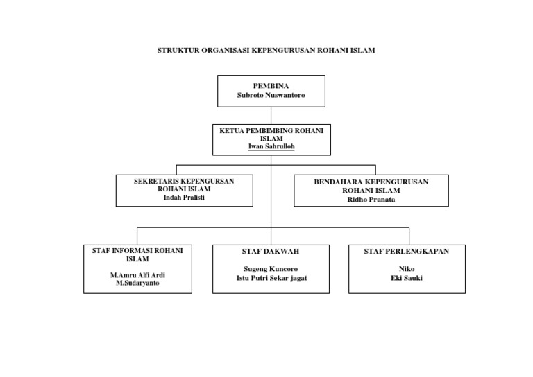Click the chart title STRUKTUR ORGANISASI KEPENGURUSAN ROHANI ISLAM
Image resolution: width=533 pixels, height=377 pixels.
pyautogui.click(x=266, y=51)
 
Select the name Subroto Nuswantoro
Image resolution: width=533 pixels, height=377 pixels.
pyautogui.click(x=271, y=95)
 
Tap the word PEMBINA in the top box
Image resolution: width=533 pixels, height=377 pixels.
pyautogui.click(x=271, y=85)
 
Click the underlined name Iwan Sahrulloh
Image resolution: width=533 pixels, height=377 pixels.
pyautogui.click(x=271, y=146)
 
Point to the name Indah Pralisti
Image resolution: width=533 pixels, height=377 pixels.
pyautogui.click(x=184, y=197)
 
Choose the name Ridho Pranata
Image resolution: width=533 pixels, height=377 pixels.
pyautogui.click(x=371, y=199)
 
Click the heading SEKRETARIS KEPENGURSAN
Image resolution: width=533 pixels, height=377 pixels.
pyautogui.click(x=184, y=181)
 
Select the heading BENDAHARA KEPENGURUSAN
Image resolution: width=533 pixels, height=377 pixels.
pyautogui.click(x=371, y=182)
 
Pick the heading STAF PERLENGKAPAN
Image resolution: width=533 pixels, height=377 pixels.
pyautogui.click(x=407, y=251)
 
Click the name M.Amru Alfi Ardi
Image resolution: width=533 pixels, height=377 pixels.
pyautogui.click(x=137, y=274)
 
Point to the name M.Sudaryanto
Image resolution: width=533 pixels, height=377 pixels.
pyautogui.click(x=137, y=283)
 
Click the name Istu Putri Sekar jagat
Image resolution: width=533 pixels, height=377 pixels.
pyautogui.click(x=271, y=277)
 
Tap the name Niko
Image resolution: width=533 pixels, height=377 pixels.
pyautogui.click(x=407, y=268)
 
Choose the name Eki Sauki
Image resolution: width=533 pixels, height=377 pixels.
pyautogui.click(x=407, y=277)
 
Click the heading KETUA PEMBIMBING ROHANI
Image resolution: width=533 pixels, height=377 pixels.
pyautogui.click(x=271, y=130)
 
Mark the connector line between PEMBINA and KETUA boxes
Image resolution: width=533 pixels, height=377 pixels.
pyautogui.click(x=271, y=116)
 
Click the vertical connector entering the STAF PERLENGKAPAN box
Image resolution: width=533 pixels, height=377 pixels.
pyautogui.click(x=409, y=236)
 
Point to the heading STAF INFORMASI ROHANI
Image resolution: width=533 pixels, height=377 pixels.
pyautogui.click(x=137, y=250)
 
